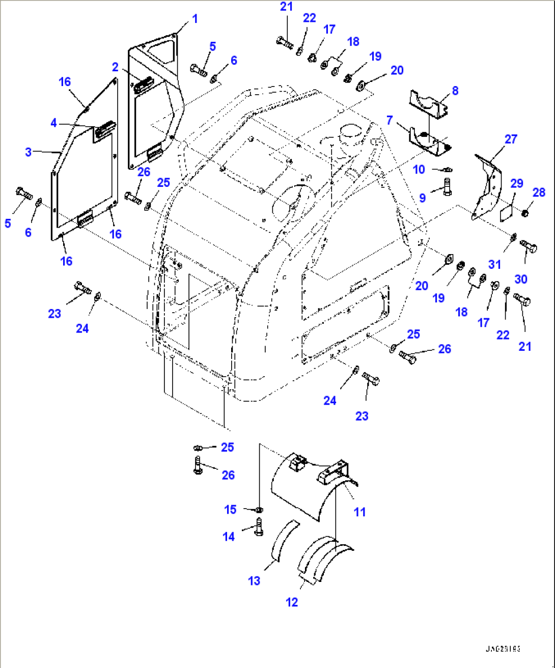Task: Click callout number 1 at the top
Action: click(195, 19)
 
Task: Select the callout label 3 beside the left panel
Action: click(29, 152)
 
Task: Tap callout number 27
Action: click(511, 139)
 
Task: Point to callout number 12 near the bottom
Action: click(292, 602)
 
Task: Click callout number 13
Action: click(254, 581)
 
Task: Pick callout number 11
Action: click(359, 512)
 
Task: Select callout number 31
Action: click(494, 264)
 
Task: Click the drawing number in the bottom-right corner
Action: click(502, 649)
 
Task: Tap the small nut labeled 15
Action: click(259, 509)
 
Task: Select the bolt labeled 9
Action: click(447, 186)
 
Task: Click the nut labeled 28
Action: click(525, 211)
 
